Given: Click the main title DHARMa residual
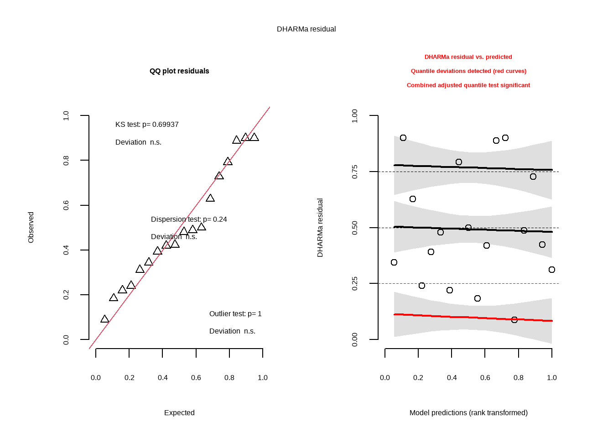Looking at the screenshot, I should [306, 29].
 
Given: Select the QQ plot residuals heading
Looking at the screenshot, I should [179, 71].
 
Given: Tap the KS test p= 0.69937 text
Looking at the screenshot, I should [147, 125].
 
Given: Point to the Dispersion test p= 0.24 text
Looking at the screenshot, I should [189, 219].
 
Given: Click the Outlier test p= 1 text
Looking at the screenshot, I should [235, 314].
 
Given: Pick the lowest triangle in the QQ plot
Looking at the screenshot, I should [105, 319].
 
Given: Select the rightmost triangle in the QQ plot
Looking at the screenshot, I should [255, 137].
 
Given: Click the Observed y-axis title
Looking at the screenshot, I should [31, 227].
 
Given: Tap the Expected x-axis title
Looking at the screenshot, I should [179, 413].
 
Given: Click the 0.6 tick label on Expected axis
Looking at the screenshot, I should [196, 378].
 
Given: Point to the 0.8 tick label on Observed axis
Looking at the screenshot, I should [66, 160].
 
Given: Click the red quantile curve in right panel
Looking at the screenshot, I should [456, 317].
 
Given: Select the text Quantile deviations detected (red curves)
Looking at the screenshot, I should [468, 71].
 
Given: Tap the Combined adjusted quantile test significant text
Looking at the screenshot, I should [468, 85].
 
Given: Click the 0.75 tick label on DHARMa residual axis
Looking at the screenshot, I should [355, 172].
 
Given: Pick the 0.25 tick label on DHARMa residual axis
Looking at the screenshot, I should [355, 283].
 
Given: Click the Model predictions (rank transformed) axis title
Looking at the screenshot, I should [468, 413].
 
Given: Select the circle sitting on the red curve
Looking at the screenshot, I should [514, 320].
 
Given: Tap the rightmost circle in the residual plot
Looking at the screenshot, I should [552, 270].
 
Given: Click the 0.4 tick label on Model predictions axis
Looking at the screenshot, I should [452, 378].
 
